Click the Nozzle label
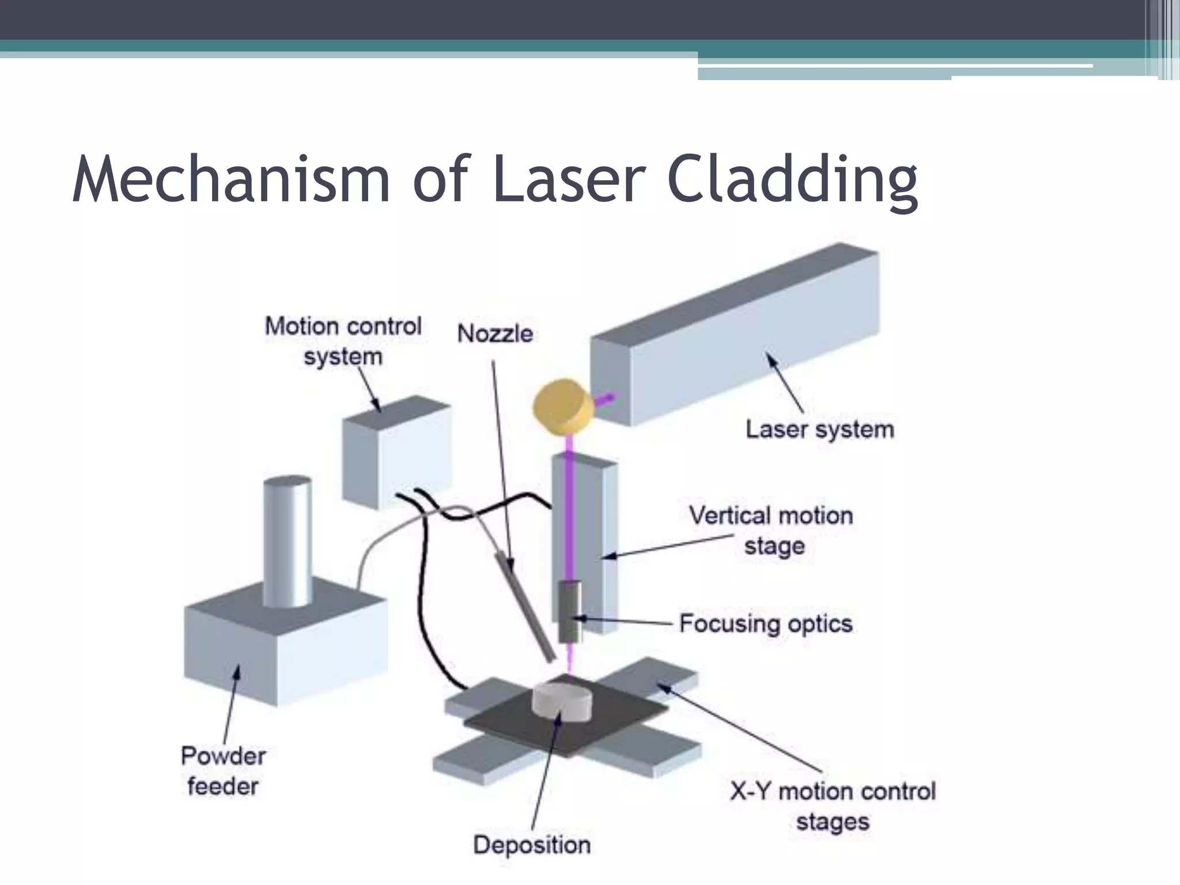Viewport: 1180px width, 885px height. coord(495,334)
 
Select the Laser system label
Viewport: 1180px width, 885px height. coord(819,430)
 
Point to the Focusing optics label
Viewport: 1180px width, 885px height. coord(765,623)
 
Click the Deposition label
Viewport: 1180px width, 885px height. coord(532,845)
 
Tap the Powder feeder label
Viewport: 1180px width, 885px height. coord(223,771)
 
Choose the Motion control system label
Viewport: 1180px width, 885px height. coord(343,341)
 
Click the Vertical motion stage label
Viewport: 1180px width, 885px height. coord(771,530)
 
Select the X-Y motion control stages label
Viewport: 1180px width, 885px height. coord(833,806)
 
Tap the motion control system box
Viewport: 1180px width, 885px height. coord(396,455)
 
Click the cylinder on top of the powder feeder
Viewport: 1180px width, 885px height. coord(288,542)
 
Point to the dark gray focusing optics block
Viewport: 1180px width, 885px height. coord(570,611)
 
